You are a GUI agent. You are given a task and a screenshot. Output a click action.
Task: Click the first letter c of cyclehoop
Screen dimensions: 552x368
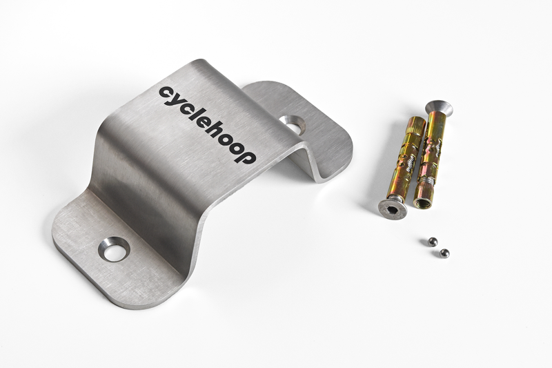click(x=166, y=93)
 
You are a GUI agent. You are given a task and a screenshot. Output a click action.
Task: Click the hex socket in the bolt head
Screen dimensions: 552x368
click(x=392, y=210)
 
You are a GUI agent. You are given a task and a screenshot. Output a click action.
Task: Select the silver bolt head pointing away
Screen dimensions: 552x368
click(x=438, y=108)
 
